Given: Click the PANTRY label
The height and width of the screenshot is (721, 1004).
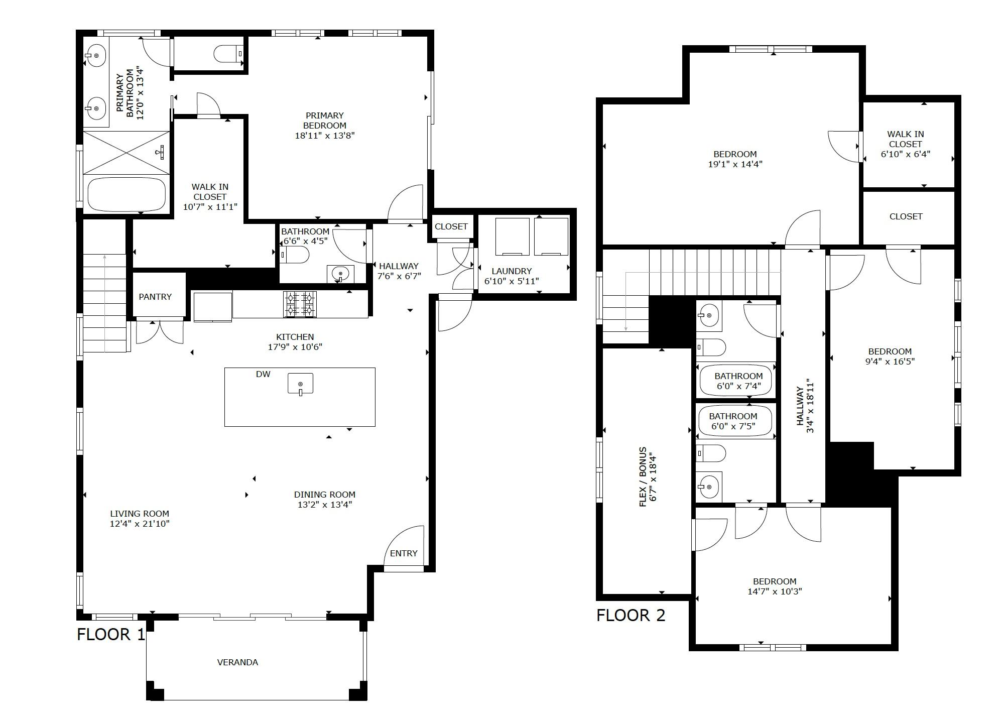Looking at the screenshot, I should click(155, 297).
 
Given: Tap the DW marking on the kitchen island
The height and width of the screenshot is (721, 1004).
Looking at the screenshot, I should click(263, 374).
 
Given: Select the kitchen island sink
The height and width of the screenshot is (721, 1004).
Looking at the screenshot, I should click(300, 384).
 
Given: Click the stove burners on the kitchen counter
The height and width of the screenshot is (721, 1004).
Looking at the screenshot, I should click(300, 304).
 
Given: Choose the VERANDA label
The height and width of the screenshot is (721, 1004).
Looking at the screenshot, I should click(237, 662).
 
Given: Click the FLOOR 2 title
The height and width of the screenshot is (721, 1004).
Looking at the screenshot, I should click(631, 615).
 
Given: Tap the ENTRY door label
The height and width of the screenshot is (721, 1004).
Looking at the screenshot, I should click(404, 553).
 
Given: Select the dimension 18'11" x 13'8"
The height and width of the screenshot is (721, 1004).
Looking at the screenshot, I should click(325, 136).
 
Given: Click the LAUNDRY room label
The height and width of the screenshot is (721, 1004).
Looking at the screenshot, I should click(511, 271).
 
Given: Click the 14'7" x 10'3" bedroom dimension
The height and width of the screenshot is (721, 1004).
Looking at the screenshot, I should click(775, 591).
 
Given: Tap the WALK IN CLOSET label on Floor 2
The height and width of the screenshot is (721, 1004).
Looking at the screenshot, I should click(906, 139).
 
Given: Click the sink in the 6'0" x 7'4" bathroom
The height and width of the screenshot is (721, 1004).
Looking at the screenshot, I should click(709, 316).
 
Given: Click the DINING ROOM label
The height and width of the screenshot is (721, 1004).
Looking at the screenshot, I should click(325, 495).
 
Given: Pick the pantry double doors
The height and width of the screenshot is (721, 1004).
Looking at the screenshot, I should click(160, 331).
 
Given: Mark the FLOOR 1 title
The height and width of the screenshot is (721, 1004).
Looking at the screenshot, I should click(110, 635).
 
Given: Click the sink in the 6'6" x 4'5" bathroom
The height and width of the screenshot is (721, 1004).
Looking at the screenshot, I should click(340, 274).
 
